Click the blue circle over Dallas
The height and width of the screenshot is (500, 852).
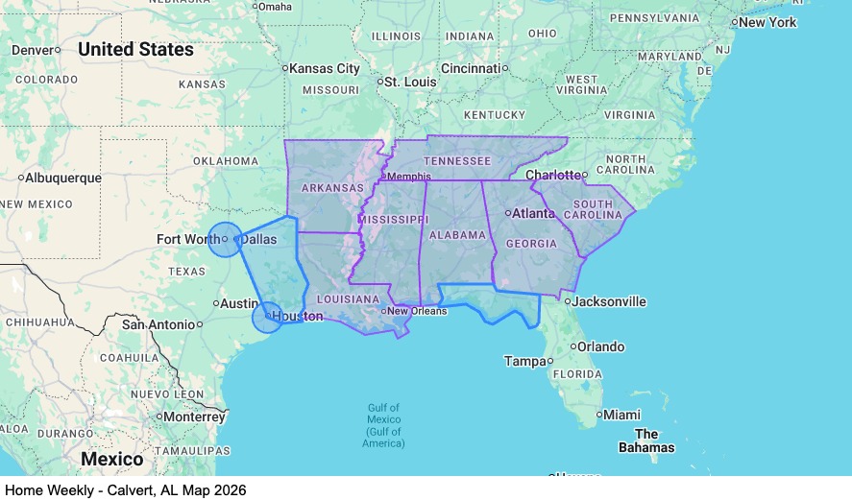[x=225, y=239]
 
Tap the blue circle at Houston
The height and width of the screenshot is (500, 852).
[x=268, y=317]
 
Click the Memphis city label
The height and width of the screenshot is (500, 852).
[x=408, y=177]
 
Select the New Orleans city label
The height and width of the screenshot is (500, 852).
[x=418, y=311]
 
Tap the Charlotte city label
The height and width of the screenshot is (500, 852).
[x=553, y=175]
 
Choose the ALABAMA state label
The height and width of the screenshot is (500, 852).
[x=457, y=235]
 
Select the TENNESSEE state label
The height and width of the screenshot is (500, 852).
[x=458, y=161]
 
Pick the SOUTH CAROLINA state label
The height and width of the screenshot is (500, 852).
[x=593, y=209]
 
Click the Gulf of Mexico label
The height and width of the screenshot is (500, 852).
[x=385, y=425]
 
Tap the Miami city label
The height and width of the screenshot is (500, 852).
[x=622, y=415]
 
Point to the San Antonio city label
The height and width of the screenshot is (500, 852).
[x=159, y=324]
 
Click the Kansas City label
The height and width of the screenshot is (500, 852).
[x=325, y=68]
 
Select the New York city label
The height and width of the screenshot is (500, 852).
[x=767, y=22]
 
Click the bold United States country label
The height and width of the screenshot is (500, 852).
[x=135, y=49]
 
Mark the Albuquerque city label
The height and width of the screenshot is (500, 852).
[x=62, y=178]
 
